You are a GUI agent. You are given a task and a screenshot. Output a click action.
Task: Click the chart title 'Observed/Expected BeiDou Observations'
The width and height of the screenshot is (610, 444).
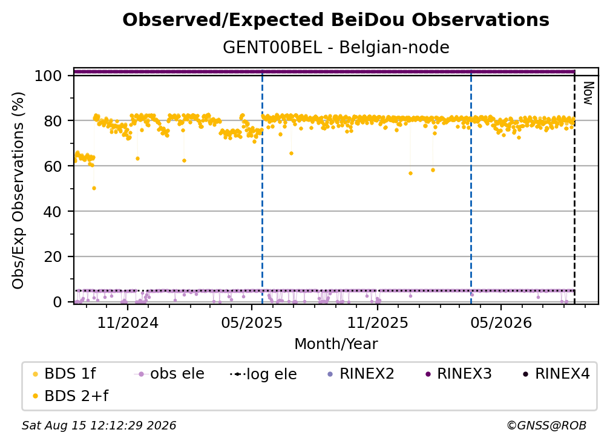pyautogui.click(x=336, y=20)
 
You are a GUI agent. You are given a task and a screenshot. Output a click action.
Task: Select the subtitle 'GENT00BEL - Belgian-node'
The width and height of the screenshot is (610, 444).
pyautogui.click(x=336, y=47)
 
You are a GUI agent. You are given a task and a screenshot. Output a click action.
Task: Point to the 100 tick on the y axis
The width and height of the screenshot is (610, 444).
pyautogui.click(x=48, y=76)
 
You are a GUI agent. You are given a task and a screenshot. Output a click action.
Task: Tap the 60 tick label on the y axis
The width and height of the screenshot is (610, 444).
pyautogui.click(x=53, y=166)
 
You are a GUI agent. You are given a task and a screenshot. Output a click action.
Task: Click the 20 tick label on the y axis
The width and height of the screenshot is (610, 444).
pyautogui.click(x=53, y=257)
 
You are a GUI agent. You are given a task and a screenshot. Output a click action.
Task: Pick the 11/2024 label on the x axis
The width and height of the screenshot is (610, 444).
pyautogui.click(x=128, y=323)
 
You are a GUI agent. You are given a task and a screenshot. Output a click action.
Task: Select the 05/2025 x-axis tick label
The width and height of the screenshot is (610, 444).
pyautogui.click(x=252, y=323)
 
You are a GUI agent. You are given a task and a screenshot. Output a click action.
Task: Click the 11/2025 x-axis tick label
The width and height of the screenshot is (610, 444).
pyautogui.click(x=378, y=323)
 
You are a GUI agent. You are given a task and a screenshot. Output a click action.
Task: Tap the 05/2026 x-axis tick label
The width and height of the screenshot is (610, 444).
pyautogui.click(x=500, y=323)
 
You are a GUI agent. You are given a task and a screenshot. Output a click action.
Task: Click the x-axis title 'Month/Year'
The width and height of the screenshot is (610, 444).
pyautogui.click(x=336, y=344)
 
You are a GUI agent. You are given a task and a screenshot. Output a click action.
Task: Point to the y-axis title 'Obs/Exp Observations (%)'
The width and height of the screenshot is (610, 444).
pyautogui.click(x=18, y=191)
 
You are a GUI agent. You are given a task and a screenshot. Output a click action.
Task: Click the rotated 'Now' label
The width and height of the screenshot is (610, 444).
pyautogui.click(x=588, y=93)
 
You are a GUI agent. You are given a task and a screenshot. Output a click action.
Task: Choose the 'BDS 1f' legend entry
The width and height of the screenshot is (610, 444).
pyautogui.click(x=65, y=374)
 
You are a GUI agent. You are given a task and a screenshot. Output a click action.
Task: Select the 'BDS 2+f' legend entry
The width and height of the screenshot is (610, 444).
pyautogui.click(x=71, y=396)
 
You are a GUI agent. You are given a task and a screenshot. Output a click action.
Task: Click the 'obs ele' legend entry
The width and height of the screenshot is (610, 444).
pyautogui.click(x=169, y=374)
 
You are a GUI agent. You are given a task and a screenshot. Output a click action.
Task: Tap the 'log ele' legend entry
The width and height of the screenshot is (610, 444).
pyautogui.click(x=264, y=374)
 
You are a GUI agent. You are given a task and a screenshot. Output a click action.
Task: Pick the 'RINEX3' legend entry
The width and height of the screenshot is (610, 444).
pyautogui.click(x=459, y=374)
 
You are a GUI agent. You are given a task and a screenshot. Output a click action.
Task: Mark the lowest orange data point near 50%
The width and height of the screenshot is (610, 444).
pyautogui.click(x=94, y=188)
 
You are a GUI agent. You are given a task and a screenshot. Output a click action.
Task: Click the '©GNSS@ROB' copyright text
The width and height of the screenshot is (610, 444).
pyautogui.click(x=546, y=426)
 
